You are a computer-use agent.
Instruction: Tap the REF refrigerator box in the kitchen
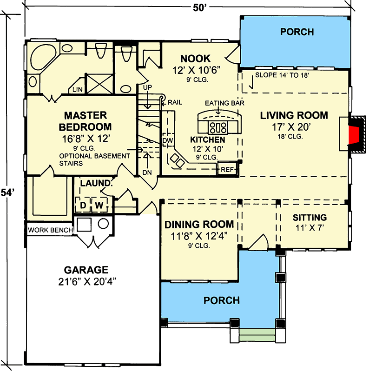(227, 170)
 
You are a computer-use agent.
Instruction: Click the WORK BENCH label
(50, 230)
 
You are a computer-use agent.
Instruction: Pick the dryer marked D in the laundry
(84, 205)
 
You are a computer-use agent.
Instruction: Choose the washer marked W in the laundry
(99, 205)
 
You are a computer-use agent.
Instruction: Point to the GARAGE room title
(86, 270)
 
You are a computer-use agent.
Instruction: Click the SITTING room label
(310, 218)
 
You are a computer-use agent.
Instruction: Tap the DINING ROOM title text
(199, 225)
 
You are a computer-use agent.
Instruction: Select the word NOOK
(195, 59)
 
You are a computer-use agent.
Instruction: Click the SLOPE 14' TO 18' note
(282, 74)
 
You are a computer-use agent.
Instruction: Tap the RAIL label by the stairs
(175, 102)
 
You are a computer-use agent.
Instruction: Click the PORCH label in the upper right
(297, 32)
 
